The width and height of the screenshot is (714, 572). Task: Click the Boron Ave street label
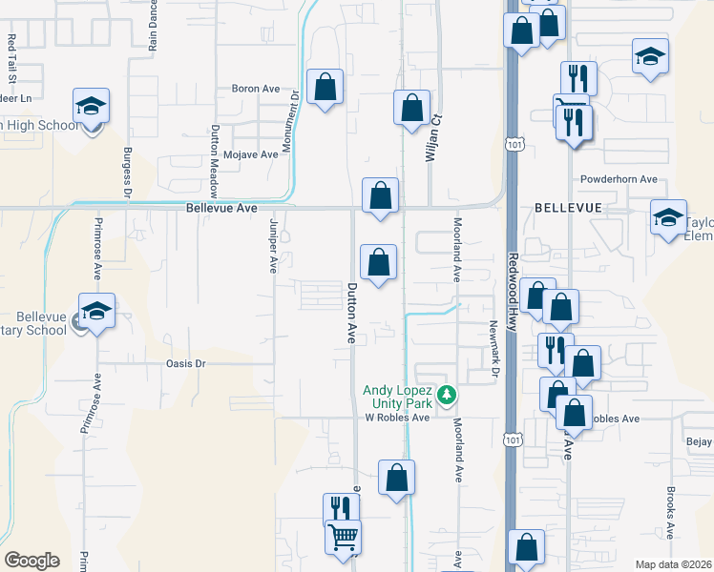[x=255, y=89]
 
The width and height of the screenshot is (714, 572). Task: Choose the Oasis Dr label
[x=186, y=363]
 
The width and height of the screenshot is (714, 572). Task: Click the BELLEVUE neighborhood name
[x=568, y=207]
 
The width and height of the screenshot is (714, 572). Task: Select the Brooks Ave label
[x=672, y=512]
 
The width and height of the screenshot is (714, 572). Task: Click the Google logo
[x=31, y=561]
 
